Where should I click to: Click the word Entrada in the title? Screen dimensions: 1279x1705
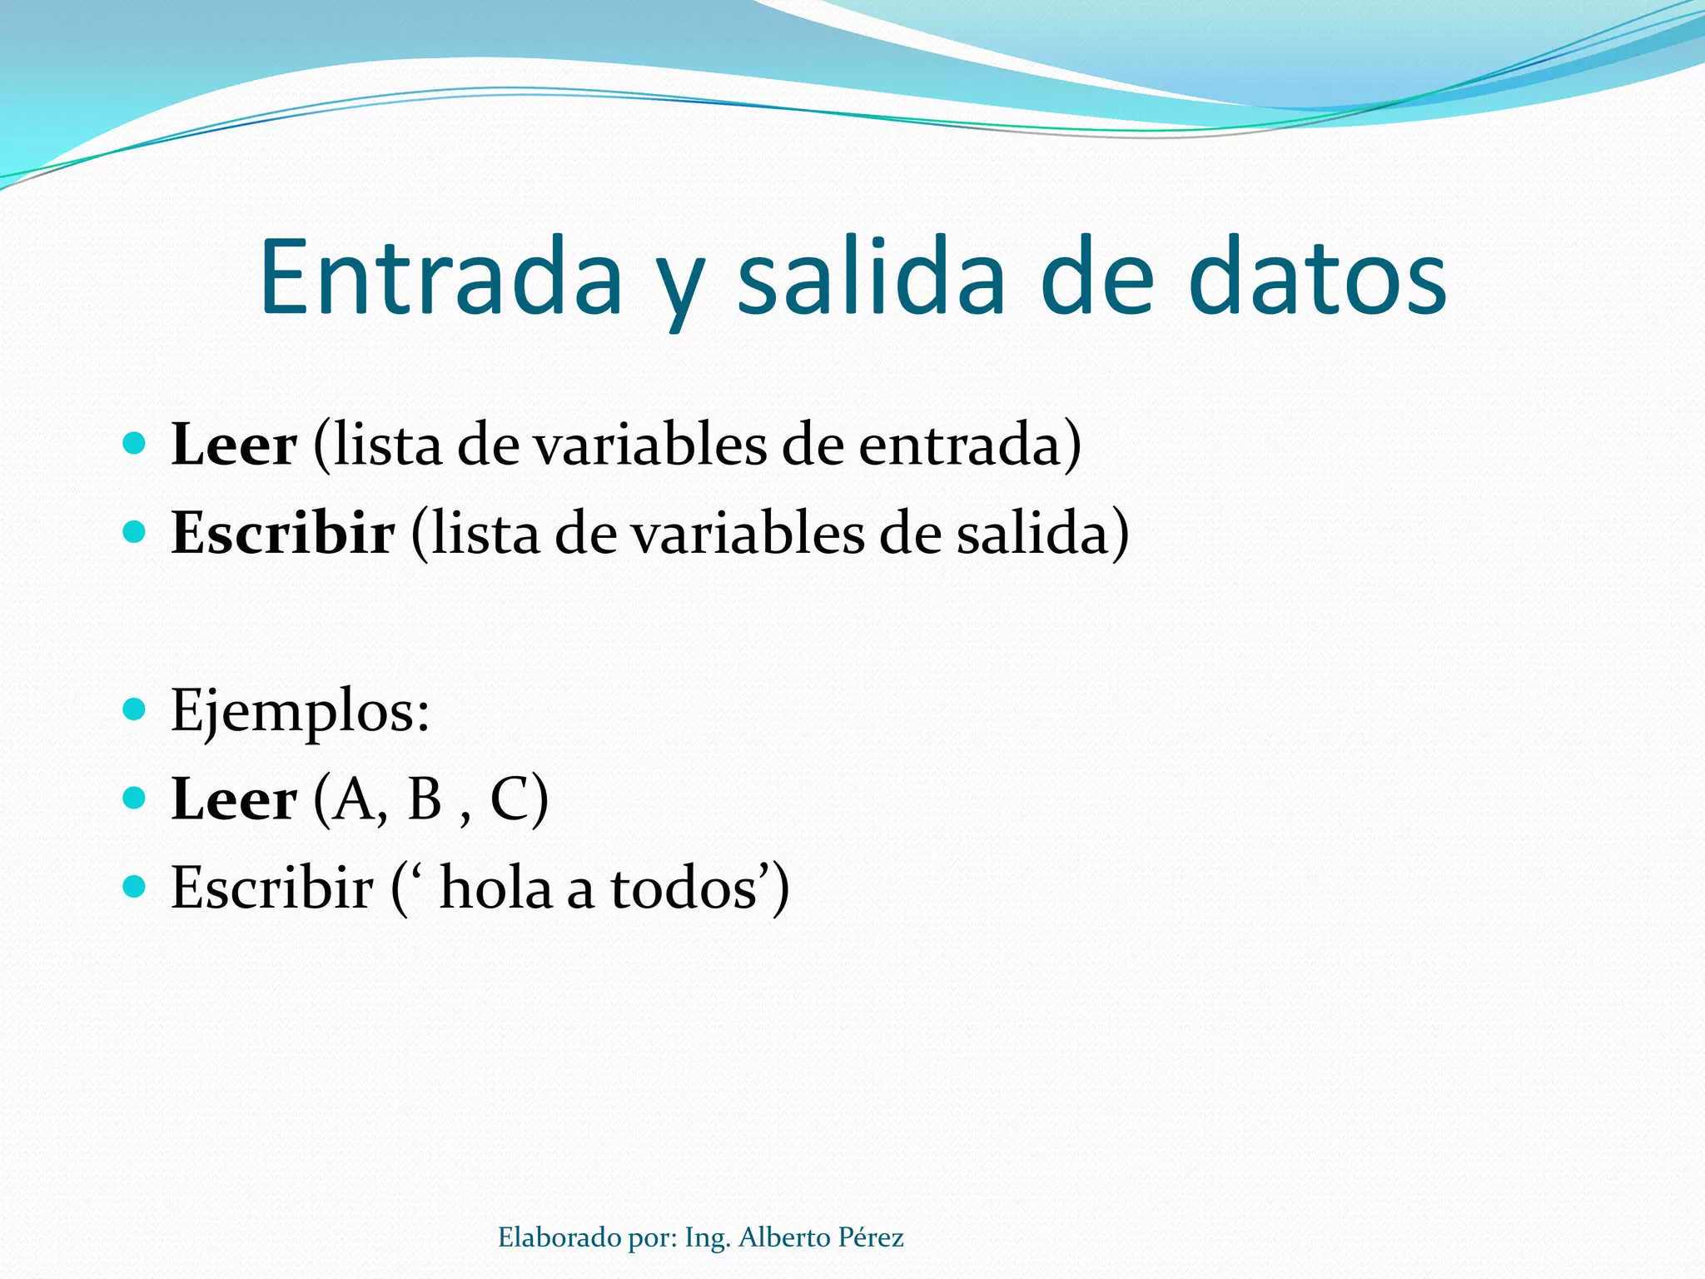[x=441, y=276]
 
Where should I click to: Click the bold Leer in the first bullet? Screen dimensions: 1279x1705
[x=234, y=445]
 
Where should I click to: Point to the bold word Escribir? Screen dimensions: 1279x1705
[x=283, y=533]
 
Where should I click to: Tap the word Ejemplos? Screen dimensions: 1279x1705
[x=300, y=711]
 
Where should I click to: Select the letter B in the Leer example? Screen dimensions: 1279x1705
[x=425, y=799]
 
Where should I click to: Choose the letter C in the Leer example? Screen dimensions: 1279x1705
[x=508, y=799]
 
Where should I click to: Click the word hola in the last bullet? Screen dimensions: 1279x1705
[x=496, y=888]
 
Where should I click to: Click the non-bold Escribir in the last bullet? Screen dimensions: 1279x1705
[x=272, y=888]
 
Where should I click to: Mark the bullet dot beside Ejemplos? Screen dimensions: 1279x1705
[x=134, y=710]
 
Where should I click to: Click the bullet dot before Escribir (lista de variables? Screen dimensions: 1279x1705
[x=134, y=531]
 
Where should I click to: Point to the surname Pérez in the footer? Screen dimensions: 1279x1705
[x=871, y=1238]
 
